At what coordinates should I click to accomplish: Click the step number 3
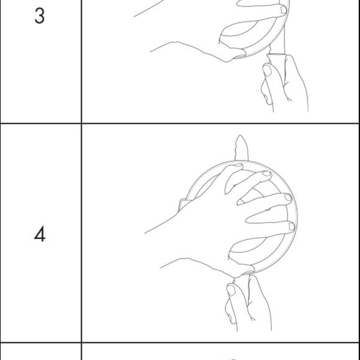tap(40, 16)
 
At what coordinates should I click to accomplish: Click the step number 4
tap(40, 233)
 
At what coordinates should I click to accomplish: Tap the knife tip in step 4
tap(240, 135)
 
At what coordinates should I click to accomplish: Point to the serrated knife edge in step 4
tap(235, 149)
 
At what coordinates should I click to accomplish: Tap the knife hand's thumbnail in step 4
tap(231, 289)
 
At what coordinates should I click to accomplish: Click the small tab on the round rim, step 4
tap(183, 204)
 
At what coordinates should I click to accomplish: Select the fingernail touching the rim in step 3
tap(284, 10)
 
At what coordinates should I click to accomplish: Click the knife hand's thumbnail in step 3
tap(267, 70)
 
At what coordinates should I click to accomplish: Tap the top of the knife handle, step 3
tap(276, 55)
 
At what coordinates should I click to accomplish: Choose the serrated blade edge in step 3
tap(270, 50)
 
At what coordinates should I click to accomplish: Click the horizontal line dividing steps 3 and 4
tap(180, 124)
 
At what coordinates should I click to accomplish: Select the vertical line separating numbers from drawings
tap(81, 180)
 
